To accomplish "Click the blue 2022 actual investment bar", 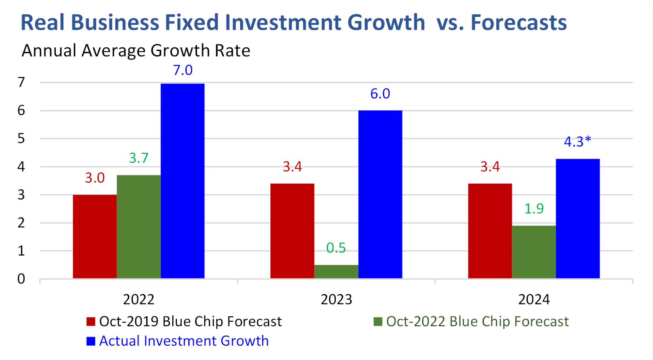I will (183, 181).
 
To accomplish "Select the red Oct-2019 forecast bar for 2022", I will (95, 237).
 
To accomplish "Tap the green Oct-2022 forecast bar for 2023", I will (336, 271).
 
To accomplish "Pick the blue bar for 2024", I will (578, 219).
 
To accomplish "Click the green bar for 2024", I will (534, 252).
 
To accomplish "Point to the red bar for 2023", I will (292, 231).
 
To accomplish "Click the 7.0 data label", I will (183, 70).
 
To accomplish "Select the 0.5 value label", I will (336, 248).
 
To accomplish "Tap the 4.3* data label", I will (577, 142).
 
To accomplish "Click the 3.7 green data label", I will (139, 158).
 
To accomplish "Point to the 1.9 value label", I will (534, 208).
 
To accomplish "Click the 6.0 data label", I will (380, 94).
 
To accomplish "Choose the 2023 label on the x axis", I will (336, 300).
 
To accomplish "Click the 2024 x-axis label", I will (534, 300).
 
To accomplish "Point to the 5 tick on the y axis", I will (21, 139).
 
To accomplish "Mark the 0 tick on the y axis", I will (21, 279).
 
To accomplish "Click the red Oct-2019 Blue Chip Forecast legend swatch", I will (91, 321).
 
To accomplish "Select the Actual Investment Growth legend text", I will (184, 341).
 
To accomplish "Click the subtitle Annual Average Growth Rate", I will (136, 51).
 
